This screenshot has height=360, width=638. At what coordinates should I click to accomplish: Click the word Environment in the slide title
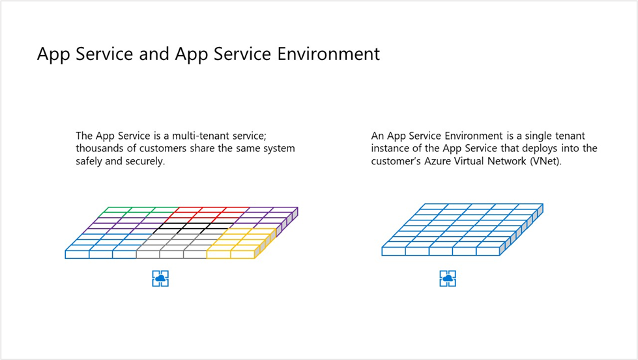point(328,53)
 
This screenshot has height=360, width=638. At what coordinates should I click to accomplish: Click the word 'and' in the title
point(154,53)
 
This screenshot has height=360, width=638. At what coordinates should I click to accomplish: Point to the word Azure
point(437,161)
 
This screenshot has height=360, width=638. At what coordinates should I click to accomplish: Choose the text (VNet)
point(545,161)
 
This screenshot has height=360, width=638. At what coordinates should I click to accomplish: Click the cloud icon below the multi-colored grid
point(160,278)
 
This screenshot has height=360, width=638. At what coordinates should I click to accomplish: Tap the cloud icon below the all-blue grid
point(448,278)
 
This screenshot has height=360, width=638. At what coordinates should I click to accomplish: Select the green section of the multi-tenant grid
point(138,212)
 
